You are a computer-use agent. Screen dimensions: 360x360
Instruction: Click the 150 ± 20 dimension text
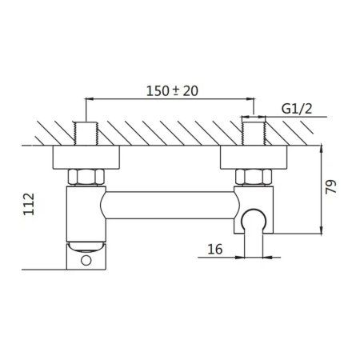point(172,91)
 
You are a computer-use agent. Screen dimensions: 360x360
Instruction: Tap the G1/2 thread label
point(297,109)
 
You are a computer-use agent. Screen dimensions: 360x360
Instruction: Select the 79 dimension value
point(331,186)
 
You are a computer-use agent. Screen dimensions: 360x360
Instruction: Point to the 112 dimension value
point(29,204)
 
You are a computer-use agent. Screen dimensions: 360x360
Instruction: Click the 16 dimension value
point(215,250)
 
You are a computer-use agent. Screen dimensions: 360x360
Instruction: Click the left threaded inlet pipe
point(86,134)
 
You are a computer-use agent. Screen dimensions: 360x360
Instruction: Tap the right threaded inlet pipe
point(254,134)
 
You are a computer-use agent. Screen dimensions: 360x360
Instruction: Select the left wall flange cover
point(86,158)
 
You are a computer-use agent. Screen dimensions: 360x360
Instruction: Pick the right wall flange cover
point(254,158)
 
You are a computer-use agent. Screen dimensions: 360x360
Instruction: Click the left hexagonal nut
point(86,177)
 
